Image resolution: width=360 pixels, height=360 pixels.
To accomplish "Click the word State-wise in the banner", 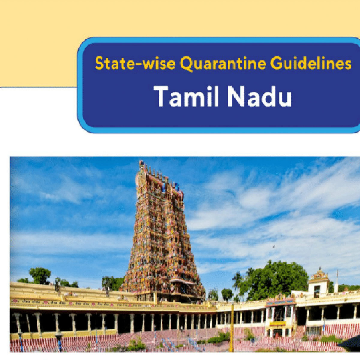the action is (x=135, y=63).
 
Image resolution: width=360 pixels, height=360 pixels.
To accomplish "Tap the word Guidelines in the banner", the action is (x=311, y=63).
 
